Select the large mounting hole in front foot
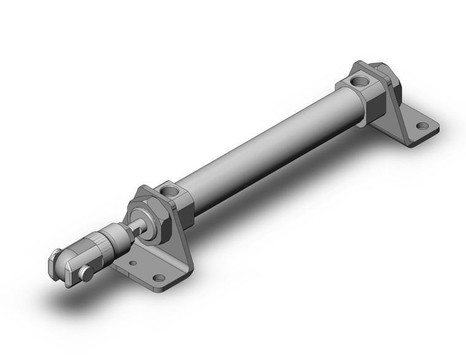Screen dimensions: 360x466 (159, 278)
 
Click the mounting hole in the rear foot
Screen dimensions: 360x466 (422, 126)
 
